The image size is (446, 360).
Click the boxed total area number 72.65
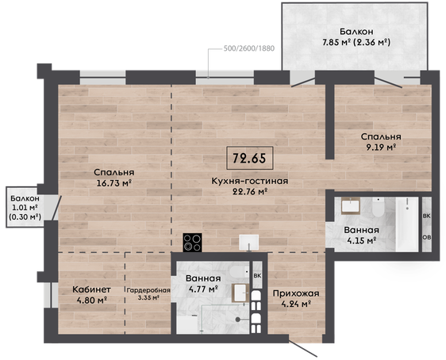point(249,158)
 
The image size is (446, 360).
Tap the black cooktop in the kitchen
point(193,243)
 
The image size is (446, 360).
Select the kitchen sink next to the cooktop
point(249,243)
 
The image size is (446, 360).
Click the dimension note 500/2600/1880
point(249,48)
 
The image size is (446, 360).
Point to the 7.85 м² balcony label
point(356,37)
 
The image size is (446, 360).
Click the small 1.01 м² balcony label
point(25,208)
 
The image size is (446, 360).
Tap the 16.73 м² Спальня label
point(113,178)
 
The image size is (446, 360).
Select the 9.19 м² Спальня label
point(381,142)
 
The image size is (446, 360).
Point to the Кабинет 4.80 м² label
point(91,295)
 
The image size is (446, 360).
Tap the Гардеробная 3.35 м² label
point(148,294)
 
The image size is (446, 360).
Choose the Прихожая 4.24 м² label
point(296,299)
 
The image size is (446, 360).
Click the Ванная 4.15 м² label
point(362,236)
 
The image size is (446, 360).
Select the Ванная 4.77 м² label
point(203,284)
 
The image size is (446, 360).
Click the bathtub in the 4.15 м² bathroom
point(407,224)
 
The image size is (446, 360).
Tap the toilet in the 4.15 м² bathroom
point(379,207)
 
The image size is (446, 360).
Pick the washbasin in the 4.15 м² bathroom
point(351,206)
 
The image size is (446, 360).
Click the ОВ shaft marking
point(426,237)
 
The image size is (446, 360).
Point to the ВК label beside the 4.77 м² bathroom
point(257,276)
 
